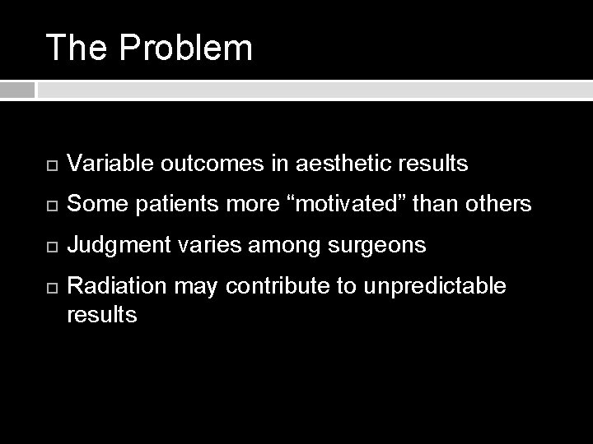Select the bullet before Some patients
pyautogui.click(x=48, y=204)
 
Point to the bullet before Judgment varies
pyautogui.click(x=48, y=244)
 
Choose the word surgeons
pyautogui.click(x=383, y=244)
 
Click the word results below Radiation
pyautogui.click(x=102, y=313)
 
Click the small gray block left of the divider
pyautogui.click(x=17, y=89)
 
